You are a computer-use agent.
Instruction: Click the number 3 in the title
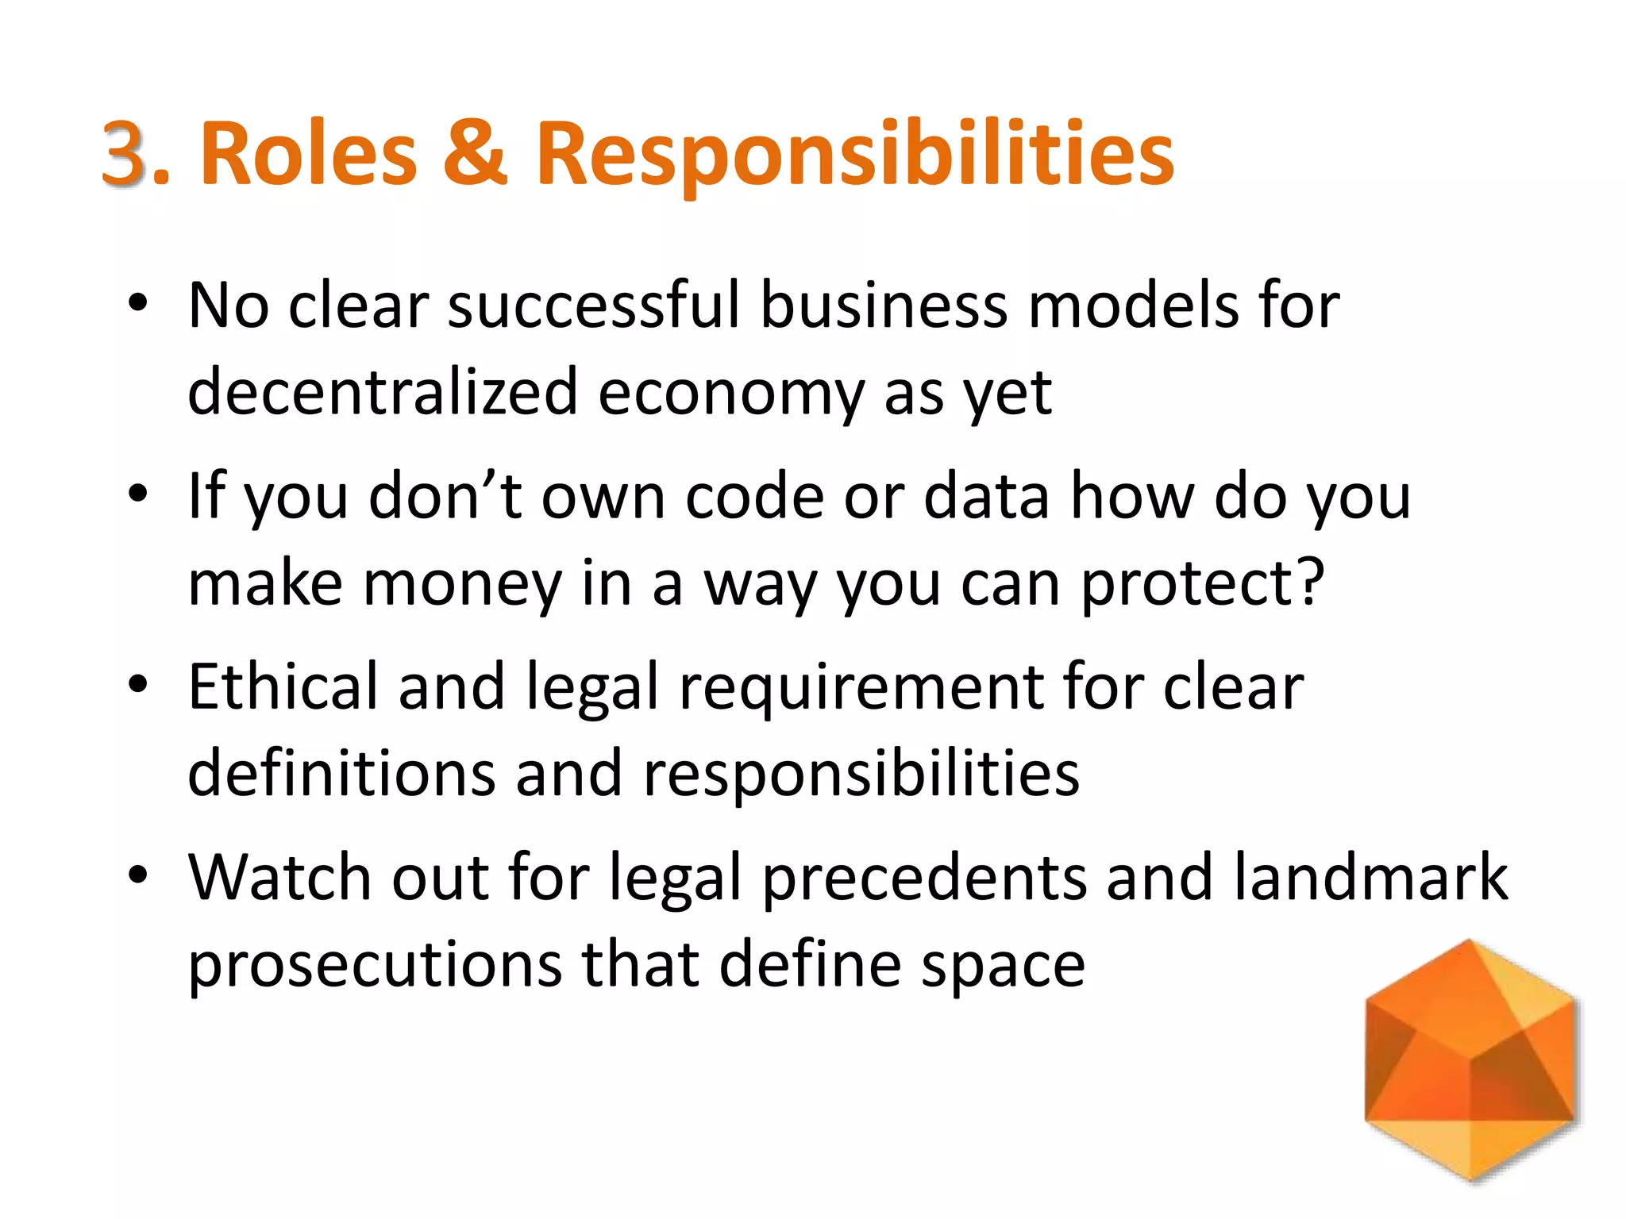pos(125,152)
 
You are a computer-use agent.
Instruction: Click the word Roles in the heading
pos(308,152)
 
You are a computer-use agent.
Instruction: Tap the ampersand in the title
pos(474,152)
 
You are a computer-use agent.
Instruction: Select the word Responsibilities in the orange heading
pos(854,156)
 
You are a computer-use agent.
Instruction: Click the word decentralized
pos(383,392)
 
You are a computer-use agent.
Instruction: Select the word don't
pos(445,496)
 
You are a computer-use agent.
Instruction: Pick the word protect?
pos(1203,584)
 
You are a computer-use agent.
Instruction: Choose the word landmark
pos(1370,877)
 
